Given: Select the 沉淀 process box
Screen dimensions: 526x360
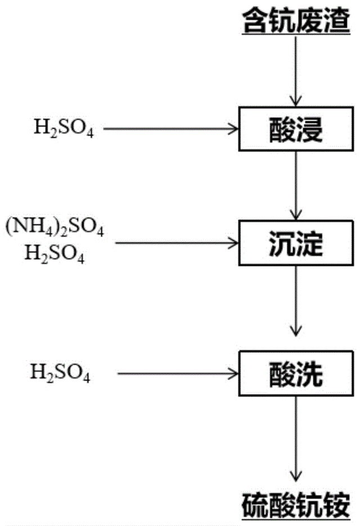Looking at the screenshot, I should point(296,243).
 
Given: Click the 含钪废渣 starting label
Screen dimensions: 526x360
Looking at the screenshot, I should point(296,23).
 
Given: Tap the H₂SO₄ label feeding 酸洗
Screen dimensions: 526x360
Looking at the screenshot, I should point(60,373).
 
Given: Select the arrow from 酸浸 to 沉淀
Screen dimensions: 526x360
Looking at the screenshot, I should point(296,186).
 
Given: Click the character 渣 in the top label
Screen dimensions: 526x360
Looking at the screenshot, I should point(337,23).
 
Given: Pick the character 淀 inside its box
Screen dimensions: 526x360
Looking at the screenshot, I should point(310,243).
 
